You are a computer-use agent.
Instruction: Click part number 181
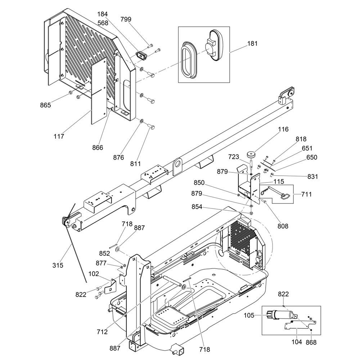click(253, 44)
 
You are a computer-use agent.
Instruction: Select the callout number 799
click(126, 19)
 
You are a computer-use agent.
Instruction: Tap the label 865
click(45, 105)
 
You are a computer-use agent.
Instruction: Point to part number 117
click(59, 136)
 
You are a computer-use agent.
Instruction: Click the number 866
click(98, 148)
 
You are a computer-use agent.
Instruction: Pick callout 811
click(135, 164)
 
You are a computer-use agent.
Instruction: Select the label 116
click(283, 129)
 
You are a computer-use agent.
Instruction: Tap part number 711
click(306, 194)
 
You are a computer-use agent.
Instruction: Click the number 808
click(283, 226)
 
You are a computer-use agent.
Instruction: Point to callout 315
click(58, 265)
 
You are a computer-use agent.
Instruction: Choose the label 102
click(94, 274)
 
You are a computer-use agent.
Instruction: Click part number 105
click(249, 315)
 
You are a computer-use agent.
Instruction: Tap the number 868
click(311, 342)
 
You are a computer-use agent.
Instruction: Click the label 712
click(102, 332)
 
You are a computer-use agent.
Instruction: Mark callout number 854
click(197, 207)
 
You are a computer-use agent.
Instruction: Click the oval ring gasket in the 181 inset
click(189, 59)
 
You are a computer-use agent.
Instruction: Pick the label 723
click(234, 157)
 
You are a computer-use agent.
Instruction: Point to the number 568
click(103, 23)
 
